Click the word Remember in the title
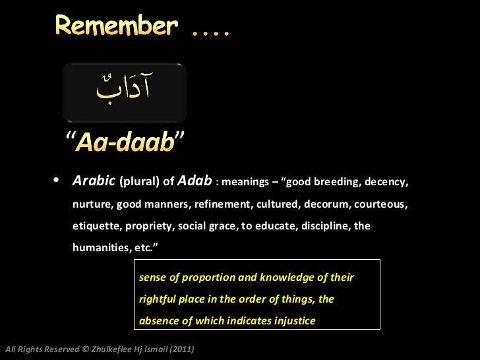point(116,26)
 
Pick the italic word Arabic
point(94,181)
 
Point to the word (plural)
point(140,181)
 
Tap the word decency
point(387,181)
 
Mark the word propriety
point(146,226)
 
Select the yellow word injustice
point(293,321)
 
